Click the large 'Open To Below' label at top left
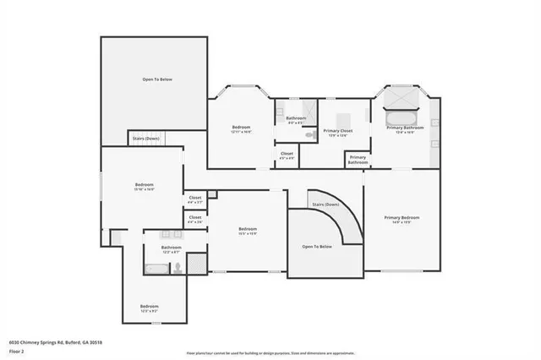(x=156, y=79)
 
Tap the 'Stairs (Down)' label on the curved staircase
(x=325, y=205)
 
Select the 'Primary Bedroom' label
(x=402, y=218)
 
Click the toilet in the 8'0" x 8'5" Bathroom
(x=309, y=134)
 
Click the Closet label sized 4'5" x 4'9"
(x=287, y=155)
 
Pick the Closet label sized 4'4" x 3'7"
(x=195, y=200)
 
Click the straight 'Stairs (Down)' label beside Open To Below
(x=146, y=139)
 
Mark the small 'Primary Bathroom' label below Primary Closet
(x=358, y=159)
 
